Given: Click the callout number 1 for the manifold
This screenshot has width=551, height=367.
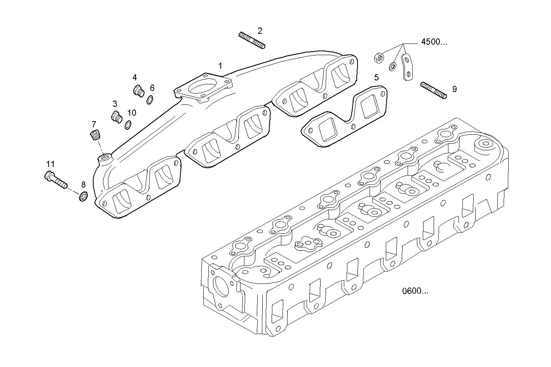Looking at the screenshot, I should click(220, 66).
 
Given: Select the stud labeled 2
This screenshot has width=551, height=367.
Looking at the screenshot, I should click(252, 41).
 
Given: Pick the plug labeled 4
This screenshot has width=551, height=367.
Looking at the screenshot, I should click(138, 90).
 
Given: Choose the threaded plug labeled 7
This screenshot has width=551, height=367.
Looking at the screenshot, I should click(94, 136).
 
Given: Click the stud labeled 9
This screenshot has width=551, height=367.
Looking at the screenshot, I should click(433, 90).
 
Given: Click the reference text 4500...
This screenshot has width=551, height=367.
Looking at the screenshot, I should click(434, 42).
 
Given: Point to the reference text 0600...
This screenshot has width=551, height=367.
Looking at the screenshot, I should click(415, 291).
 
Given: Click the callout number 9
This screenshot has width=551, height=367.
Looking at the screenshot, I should click(454, 89).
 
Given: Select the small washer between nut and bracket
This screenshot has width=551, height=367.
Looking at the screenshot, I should click(393, 66).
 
